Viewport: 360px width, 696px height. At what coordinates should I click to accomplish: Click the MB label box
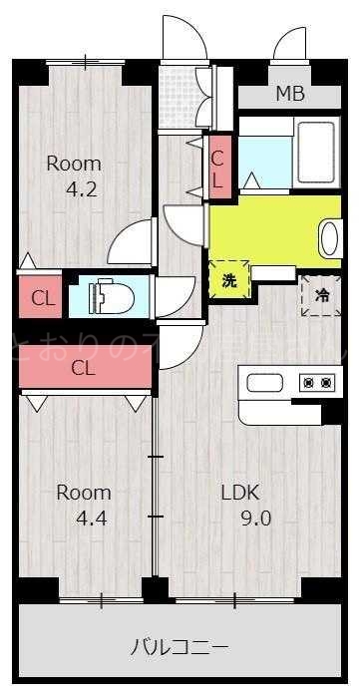coord(290,95)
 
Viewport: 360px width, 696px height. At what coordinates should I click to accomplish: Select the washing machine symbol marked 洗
coord(229,280)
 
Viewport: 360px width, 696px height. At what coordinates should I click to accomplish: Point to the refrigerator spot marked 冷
coord(322,295)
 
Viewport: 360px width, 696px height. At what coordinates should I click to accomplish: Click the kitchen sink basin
coord(266,383)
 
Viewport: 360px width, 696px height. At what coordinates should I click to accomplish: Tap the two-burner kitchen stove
coord(317,383)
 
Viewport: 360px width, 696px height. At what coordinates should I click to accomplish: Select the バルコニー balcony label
coord(180,645)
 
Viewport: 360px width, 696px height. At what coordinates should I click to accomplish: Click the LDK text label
coord(239,492)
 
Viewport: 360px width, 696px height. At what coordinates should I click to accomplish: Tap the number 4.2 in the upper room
coord(82,189)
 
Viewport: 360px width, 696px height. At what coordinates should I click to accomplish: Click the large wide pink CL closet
coord(85,367)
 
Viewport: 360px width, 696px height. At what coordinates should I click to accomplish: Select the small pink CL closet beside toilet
coord(42,297)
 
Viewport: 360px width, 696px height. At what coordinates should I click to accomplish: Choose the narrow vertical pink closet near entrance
coord(218,167)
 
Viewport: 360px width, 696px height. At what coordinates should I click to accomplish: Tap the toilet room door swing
coord(175,294)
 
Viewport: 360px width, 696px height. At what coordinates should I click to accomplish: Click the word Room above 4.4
coord(83,492)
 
